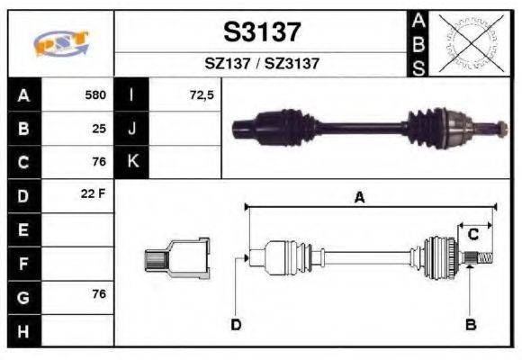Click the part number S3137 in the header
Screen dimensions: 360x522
point(261,32)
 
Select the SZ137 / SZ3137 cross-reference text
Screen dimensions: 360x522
point(261,64)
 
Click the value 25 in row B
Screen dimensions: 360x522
point(99,129)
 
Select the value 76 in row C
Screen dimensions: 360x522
point(99,163)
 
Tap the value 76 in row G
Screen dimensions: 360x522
point(99,295)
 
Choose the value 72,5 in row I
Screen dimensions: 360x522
point(202,94)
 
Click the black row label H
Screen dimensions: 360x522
point(22,330)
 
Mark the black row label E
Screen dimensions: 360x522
point(22,230)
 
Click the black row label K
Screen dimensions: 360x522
point(132,162)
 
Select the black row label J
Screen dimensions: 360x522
point(132,129)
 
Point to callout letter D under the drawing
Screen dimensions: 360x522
point(235,324)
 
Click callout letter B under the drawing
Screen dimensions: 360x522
point(470,324)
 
